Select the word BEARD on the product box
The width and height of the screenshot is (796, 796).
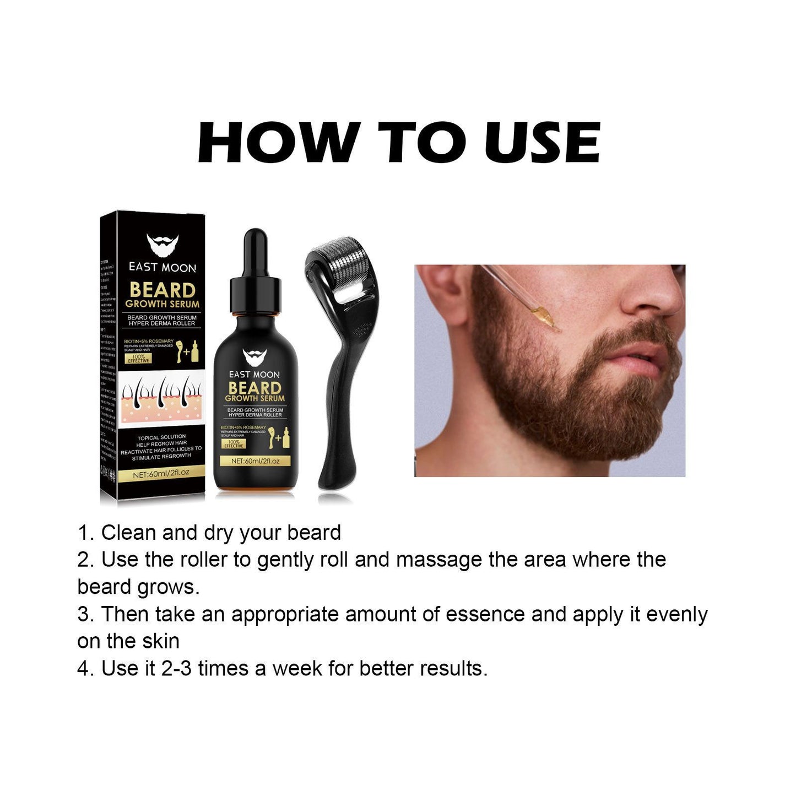(x=163, y=290)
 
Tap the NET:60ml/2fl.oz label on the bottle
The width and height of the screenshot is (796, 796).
(x=256, y=461)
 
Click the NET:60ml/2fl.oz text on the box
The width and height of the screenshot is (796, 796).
(x=161, y=473)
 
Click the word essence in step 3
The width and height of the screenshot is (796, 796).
(x=485, y=614)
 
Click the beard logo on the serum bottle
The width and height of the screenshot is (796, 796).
(x=254, y=358)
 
